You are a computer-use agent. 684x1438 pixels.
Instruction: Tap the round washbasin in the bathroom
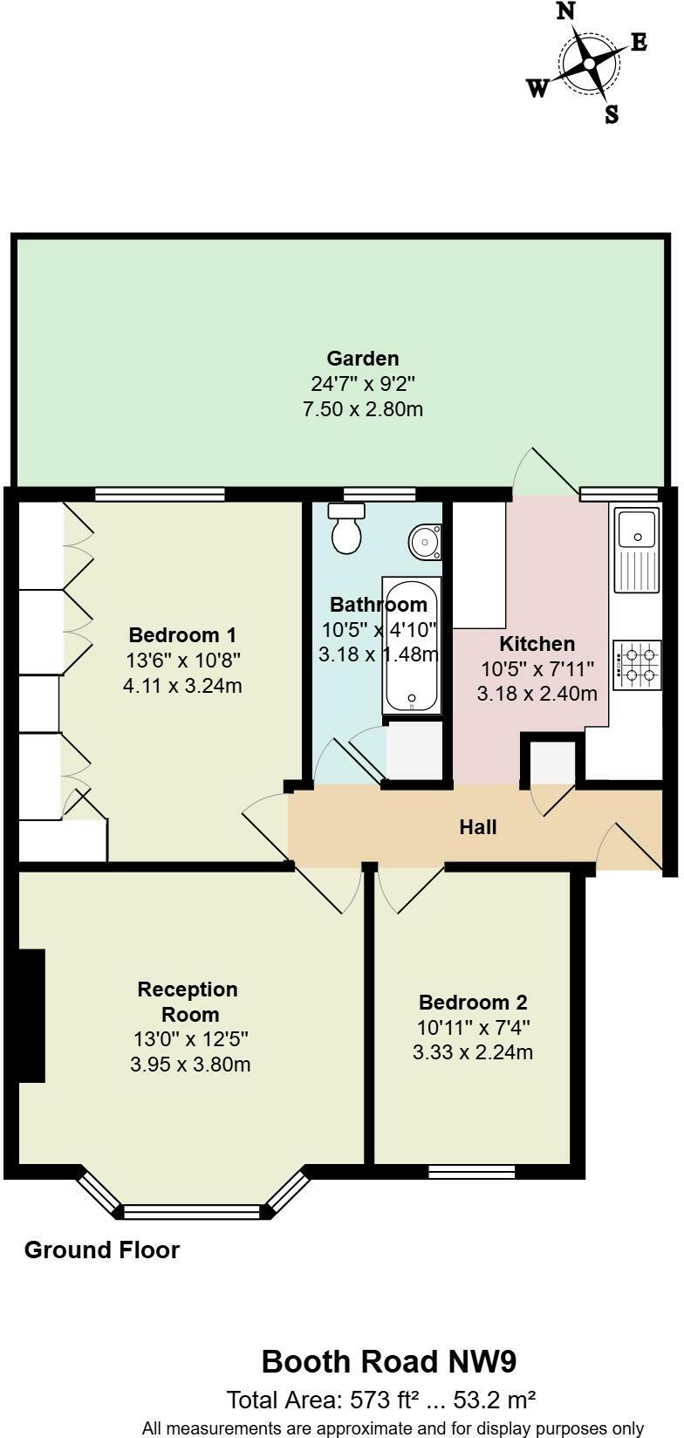point(425,542)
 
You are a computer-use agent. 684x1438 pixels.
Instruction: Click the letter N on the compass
point(566,12)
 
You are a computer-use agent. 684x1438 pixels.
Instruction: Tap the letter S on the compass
point(612,114)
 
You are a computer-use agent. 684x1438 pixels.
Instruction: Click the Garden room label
point(363,359)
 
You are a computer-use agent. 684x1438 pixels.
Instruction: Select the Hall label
point(478,826)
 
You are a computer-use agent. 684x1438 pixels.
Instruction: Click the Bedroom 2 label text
point(473,1003)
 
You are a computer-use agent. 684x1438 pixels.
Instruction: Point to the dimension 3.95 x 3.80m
point(191,1065)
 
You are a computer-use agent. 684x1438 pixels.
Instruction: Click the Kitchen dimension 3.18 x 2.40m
point(537,695)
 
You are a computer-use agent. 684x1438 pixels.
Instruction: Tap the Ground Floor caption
point(102,1250)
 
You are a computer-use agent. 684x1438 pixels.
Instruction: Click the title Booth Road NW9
point(389,1361)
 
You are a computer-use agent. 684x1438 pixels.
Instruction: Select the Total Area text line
point(381,1400)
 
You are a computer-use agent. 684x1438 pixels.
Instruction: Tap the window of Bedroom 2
point(472,1171)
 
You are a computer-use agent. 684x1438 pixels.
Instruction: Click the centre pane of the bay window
point(193,1211)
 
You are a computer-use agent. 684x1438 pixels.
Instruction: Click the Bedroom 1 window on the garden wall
point(160,495)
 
